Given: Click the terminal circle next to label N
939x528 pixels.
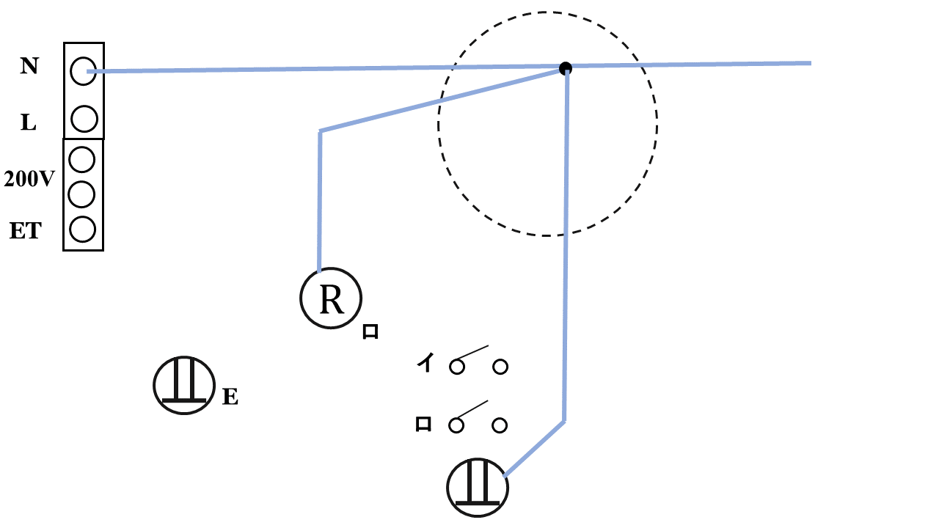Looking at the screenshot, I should [x=84, y=70].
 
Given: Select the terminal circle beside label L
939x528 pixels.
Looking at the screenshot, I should [x=84, y=118].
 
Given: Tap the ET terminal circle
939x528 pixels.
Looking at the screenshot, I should [x=83, y=229].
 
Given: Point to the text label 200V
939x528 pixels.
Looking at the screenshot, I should [x=29, y=179].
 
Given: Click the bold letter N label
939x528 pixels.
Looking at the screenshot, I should [x=29, y=67].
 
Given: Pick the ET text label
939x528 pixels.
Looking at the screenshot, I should [x=25, y=232].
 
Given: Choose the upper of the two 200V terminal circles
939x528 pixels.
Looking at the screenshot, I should [x=83, y=158].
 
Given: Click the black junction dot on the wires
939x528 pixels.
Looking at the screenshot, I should [x=565, y=68].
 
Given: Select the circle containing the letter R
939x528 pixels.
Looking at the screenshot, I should [x=331, y=299].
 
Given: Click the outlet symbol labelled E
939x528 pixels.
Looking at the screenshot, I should [x=183, y=384].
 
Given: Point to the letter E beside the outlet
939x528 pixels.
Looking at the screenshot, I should [x=230, y=397].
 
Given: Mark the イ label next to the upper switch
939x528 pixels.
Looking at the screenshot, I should [x=425, y=362].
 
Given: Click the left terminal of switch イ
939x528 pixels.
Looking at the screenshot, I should [x=456, y=366].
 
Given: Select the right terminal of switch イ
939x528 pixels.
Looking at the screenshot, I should [x=500, y=366].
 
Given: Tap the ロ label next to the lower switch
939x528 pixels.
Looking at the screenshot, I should [x=423, y=424].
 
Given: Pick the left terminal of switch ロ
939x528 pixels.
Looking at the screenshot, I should [x=456, y=425].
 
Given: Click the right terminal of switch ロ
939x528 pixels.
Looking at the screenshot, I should [x=500, y=425].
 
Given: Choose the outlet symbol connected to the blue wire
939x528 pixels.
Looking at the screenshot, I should [x=478, y=487].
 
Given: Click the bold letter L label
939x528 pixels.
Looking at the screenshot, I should [x=28, y=123].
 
